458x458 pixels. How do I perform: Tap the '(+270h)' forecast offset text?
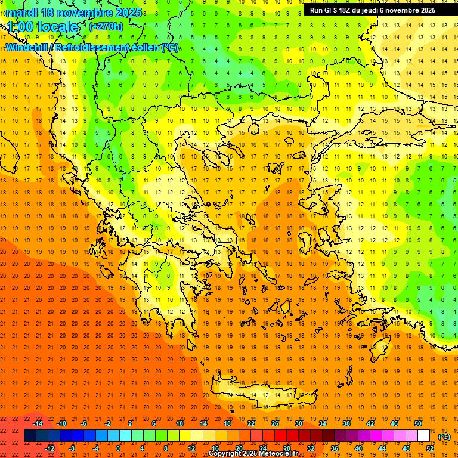106,26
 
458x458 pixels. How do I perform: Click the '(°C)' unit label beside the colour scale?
444,437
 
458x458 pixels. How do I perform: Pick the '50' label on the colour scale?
418,423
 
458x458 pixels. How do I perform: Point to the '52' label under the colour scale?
430,448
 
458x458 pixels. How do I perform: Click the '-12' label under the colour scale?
49,448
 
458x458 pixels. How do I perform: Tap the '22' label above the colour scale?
251,423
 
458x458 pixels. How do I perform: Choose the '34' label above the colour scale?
323,423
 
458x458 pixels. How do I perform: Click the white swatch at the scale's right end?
423,436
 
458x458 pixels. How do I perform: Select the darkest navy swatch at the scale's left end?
30,436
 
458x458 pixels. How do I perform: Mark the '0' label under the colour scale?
117,448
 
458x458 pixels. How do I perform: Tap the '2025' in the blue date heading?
128,13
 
